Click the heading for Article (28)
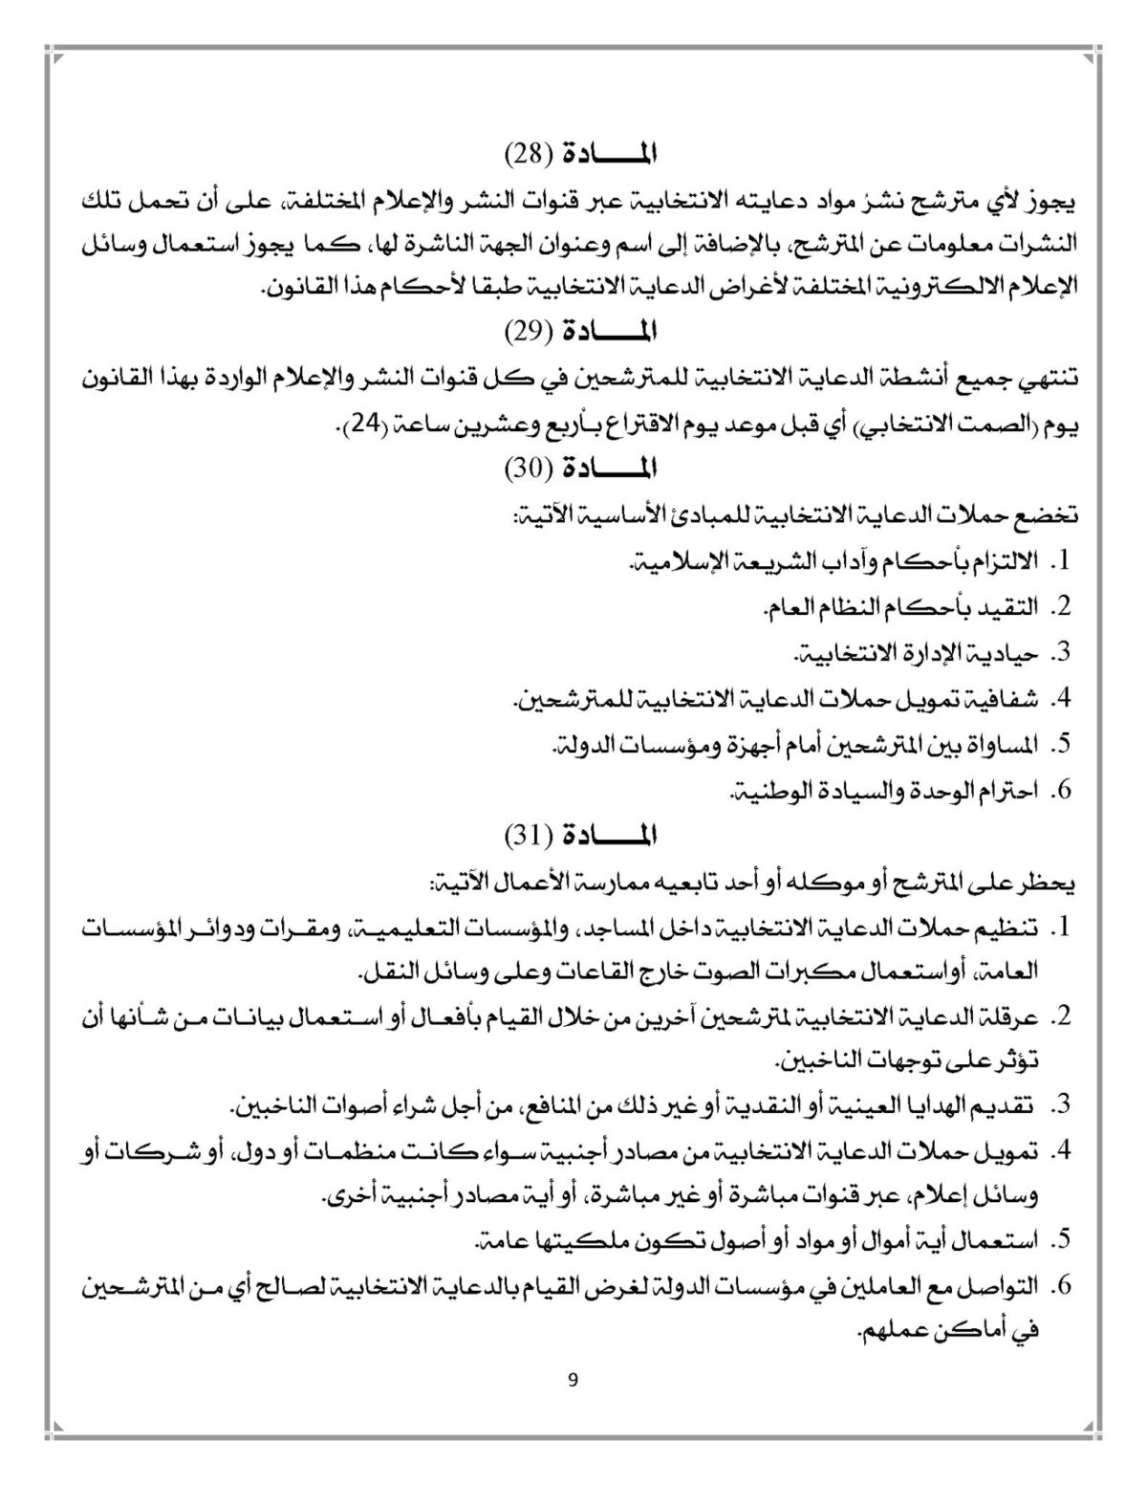click(x=582, y=153)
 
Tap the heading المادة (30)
click(x=582, y=469)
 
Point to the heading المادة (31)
click(x=582, y=836)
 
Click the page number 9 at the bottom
click(x=573, y=1380)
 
